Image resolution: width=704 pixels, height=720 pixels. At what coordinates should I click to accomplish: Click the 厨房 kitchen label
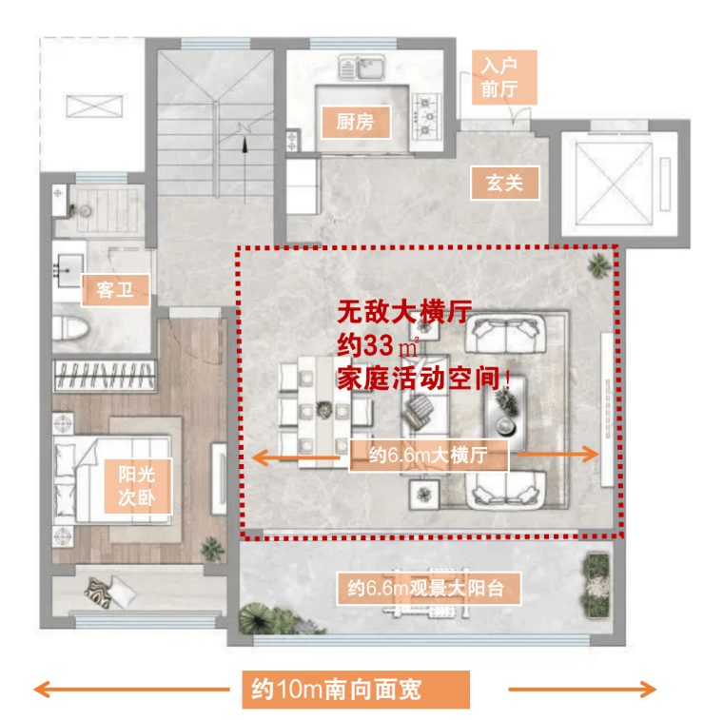(x=356, y=122)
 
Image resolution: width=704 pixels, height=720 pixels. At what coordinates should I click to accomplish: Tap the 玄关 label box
(x=505, y=183)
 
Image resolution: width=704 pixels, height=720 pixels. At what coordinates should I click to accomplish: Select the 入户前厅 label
(x=504, y=77)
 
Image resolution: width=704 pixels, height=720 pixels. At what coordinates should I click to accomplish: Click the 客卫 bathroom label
(x=115, y=290)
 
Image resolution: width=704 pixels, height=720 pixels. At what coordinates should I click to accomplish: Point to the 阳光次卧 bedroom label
(x=137, y=486)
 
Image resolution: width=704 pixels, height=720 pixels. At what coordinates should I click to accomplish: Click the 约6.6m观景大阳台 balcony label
(x=428, y=588)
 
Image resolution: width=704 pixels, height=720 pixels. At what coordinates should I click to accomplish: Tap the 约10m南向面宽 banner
(x=356, y=690)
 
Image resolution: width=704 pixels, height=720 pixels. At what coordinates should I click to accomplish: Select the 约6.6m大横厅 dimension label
(x=428, y=456)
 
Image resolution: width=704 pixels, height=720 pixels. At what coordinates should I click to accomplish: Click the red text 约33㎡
(x=378, y=346)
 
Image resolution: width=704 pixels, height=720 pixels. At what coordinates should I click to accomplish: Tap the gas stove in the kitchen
(x=425, y=116)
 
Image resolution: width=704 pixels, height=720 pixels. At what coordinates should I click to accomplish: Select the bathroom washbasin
(x=68, y=270)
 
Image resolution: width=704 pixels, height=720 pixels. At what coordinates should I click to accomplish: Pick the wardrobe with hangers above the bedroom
(x=105, y=375)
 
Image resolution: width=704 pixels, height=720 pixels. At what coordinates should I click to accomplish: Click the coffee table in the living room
(x=504, y=413)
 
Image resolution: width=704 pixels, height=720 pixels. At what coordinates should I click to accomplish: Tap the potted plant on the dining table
(x=324, y=409)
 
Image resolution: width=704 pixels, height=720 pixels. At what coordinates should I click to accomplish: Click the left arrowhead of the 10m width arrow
(x=42, y=690)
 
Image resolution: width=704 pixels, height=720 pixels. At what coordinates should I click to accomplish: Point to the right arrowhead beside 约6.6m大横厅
(x=591, y=455)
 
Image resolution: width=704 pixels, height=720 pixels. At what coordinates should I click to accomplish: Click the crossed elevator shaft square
(x=614, y=184)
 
